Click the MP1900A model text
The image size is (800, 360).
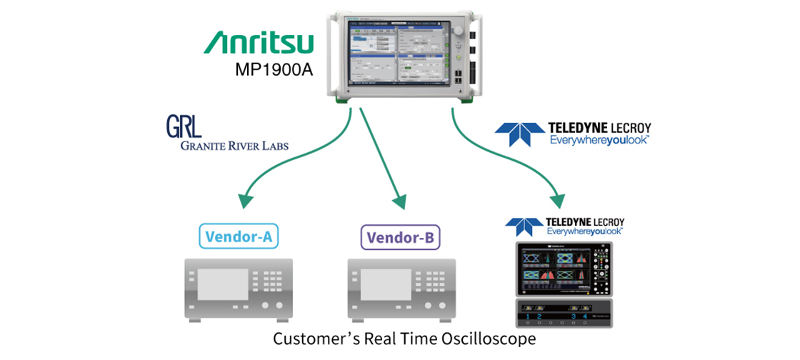(275, 70)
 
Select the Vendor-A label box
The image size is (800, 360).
(239, 236)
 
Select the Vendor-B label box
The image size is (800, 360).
(400, 236)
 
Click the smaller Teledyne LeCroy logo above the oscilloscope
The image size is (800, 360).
(564, 226)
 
